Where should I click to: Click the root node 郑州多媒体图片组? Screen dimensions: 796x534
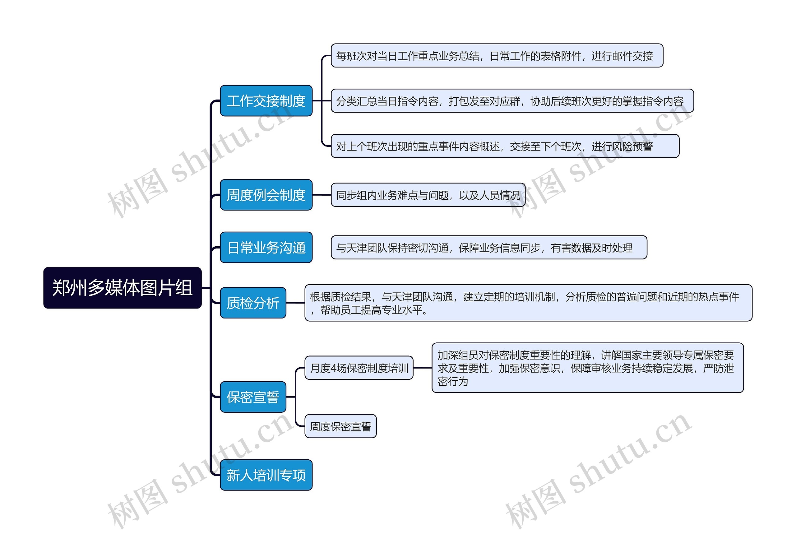(x=122, y=288)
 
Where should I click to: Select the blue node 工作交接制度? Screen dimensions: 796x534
(x=266, y=101)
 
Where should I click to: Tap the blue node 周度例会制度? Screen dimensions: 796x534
(x=266, y=195)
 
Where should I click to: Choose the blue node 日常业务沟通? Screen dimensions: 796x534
(x=266, y=248)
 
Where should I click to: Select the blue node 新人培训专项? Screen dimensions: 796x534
(x=266, y=475)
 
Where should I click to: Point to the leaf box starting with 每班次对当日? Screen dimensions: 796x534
(x=497, y=55)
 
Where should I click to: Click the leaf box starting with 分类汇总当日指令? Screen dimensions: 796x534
(x=512, y=101)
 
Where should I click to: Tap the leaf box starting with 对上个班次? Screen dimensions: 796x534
(x=505, y=146)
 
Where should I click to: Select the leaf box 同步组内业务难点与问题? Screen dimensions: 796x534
(x=428, y=195)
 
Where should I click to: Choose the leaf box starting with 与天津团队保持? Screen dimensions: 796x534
(x=489, y=248)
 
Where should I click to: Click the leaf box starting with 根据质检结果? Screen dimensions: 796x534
(x=528, y=303)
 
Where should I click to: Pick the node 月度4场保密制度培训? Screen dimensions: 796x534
(x=359, y=368)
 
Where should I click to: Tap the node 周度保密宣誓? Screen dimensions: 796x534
(x=340, y=426)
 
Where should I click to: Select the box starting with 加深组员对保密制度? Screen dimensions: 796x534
(x=587, y=368)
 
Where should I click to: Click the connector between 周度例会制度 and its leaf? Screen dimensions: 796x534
(x=322, y=195)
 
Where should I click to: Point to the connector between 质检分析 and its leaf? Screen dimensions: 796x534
(x=295, y=303)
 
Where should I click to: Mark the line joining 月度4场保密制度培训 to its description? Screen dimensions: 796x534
(x=423, y=368)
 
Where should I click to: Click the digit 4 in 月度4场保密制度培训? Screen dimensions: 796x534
(x=334, y=368)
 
